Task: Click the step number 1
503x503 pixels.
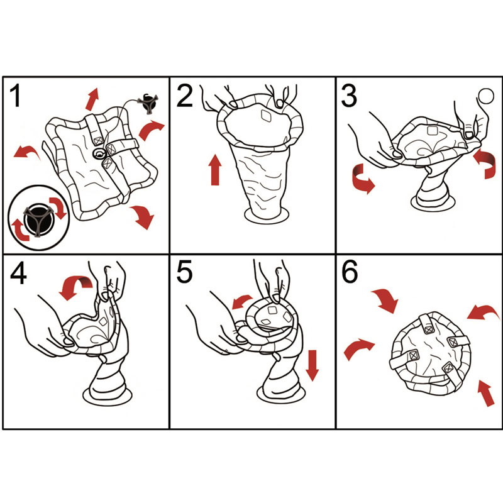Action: [15, 96]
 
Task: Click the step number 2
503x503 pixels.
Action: [184, 96]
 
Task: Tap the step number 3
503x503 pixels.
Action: [349, 96]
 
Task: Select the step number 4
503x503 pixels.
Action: [18, 274]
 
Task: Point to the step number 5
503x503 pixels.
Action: [184, 272]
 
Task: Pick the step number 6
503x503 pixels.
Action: [350, 272]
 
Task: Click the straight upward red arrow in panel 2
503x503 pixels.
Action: [215, 170]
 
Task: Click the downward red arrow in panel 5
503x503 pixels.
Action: [312, 365]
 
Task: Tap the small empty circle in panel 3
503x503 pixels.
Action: [486, 96]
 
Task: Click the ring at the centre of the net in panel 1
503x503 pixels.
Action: [99, 154]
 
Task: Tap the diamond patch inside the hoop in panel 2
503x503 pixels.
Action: [266, 116]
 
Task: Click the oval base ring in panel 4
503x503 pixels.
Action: [107, 395]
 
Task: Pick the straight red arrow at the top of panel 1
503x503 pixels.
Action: [92, 99]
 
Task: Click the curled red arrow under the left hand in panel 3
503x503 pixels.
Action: [362, 180]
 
